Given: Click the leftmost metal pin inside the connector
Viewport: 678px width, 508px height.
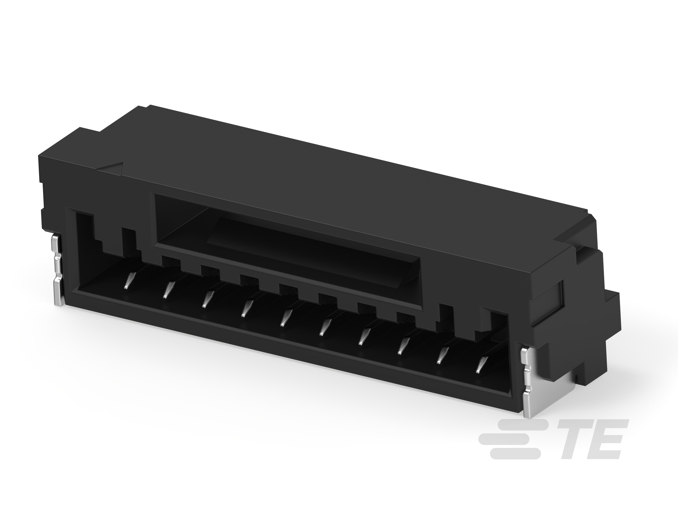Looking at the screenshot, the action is coord(129,280).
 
